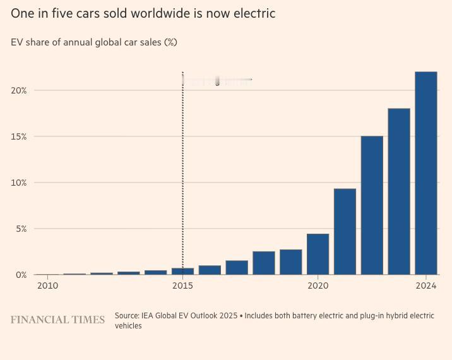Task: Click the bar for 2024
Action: click(x=426, y=173)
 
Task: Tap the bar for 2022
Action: click(x=372, y=205)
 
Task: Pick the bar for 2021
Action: click(x=345, y=231)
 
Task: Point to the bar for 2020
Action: click(x=318, y=254)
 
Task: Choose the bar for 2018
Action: click(x=264, y=263)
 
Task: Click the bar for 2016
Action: click(x=210, y=270)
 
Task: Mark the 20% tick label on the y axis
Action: click(x=18, y=90)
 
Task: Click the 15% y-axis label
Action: click(x=18, y=136)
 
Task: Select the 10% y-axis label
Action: click(x=18, y=183)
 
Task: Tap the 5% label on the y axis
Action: click(x=21, y=229)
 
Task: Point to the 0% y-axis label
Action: click(x=21, y=275)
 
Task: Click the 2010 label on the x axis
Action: click(x=47, y=285)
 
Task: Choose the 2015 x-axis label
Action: click(x=182, y=285)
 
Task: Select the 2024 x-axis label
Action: click(x=426, y=285)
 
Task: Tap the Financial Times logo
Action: click(x=57, y=320)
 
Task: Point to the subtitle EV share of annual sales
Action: click(x=94, y=42)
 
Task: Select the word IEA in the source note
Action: click(x=150, y=315)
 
